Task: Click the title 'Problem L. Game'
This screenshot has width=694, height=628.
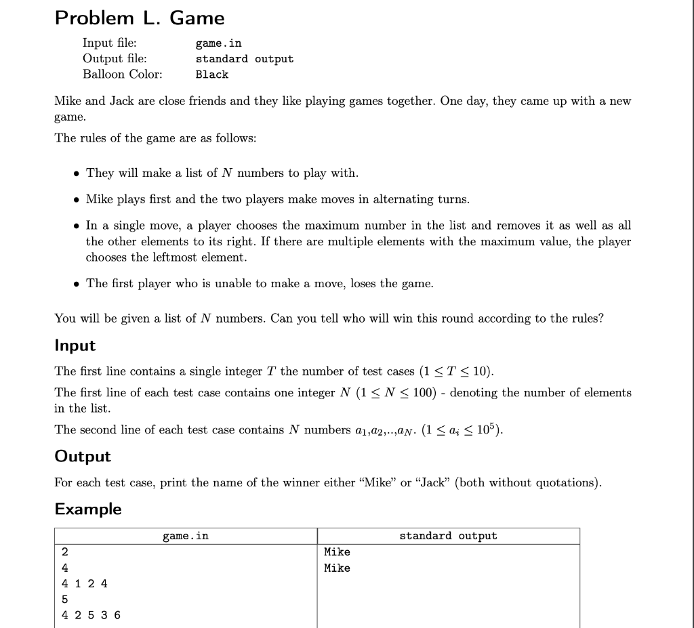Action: click(x=140, y=18)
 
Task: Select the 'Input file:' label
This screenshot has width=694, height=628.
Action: click(x=109, y=43)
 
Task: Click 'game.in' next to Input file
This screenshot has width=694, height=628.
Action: click(x=218, y=43)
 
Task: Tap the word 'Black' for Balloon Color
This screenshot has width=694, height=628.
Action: click(x=212, y=75)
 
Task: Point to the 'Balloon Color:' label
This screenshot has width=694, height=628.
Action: click(x=122, y=74)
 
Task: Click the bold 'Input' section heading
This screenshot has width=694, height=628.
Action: click(x=75, y=346)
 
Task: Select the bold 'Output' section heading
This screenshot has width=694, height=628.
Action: click(x=83, y=456)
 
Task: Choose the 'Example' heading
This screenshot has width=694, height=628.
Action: click(x=88, y=509)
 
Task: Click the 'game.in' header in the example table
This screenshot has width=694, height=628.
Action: click(x=186, y=536)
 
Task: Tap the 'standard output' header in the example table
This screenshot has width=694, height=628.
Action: click(x=448, y=536)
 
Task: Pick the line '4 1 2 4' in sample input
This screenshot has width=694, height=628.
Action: click(x=84, y=583)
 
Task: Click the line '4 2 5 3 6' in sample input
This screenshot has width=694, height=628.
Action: click(x=91, y=615)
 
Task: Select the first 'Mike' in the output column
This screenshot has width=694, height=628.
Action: click(x=337, y=552)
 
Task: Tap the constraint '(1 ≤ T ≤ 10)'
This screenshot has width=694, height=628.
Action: click(x=456, y=371)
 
